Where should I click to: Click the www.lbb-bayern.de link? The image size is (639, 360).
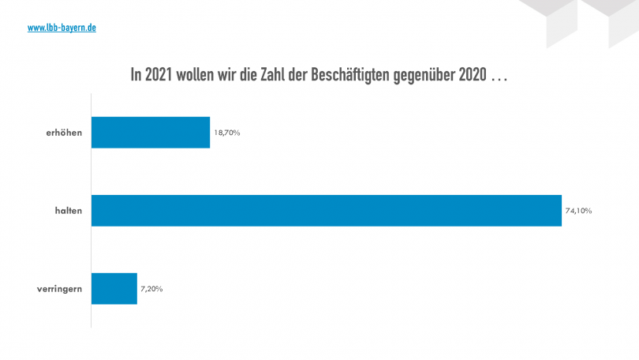[x=62, y=28]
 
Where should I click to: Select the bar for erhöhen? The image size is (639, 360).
[x=151, y=133]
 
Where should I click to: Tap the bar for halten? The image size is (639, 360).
[x=327, y=211]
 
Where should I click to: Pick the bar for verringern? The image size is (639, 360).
[x=114, y=288]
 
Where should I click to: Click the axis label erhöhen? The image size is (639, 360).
[x=64, y=133]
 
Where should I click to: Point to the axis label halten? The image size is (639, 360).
[x=69, y=211]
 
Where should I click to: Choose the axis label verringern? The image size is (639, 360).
[x=59, y=288]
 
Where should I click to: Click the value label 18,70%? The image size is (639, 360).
[x=226, y=133]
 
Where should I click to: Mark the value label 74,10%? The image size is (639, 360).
[x=578, y=211]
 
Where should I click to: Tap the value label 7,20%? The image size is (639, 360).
[x=151, y=288]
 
